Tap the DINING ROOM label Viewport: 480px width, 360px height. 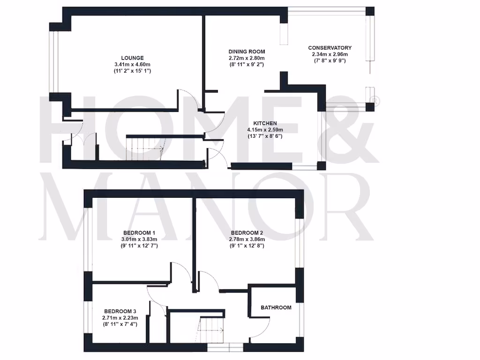(x=247, y=52)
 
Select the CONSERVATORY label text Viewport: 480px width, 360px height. (x=330, y=48)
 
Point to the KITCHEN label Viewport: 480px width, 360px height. (x=265, y=123)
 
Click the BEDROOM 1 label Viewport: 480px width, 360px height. (x=139, y=233)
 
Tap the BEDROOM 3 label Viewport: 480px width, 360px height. (x=120, y=311)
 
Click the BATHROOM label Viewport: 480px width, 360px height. (x=276, y=308)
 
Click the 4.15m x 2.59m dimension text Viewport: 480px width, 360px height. (x=265, y=130)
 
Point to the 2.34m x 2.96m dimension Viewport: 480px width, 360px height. (x=330, y=54)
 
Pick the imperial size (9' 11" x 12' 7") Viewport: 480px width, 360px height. (x=139, y=246)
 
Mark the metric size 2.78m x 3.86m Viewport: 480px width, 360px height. (x=247, y=239)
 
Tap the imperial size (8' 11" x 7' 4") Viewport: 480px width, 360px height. (x=120, y=324)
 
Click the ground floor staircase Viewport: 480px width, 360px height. (x=145, y=148)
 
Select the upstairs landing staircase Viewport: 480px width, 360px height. (x=211, y=330)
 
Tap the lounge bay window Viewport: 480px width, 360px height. (x=53, y=62)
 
